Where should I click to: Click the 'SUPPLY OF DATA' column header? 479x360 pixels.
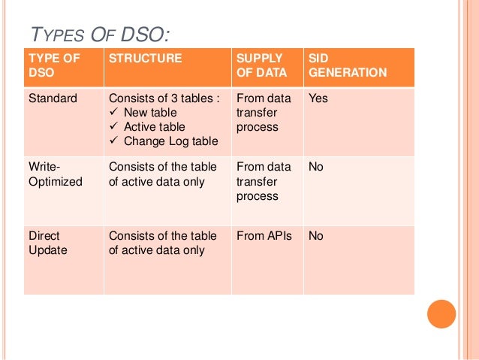pos(260,65)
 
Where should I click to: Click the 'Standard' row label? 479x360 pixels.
pos(52,98)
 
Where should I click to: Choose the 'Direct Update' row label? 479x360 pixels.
pos(47,243)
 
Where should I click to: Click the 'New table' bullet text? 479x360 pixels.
pos(150,113)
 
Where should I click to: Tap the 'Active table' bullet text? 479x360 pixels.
pos(154,127)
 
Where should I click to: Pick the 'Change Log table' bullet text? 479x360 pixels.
pos(170,141)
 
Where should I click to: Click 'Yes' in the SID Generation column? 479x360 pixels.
pos(318,98)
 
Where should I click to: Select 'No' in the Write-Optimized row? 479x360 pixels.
pos(316,167)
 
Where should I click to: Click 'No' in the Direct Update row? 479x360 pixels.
pos(316,236)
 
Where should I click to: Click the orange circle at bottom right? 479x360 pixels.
pos(441,314)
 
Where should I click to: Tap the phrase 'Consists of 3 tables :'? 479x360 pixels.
pos(164,98)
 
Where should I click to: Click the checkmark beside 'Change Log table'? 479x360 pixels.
pos(114,141)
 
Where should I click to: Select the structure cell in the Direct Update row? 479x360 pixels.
pos(163,243)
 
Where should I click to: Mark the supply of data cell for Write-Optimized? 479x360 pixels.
pos(263,181)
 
